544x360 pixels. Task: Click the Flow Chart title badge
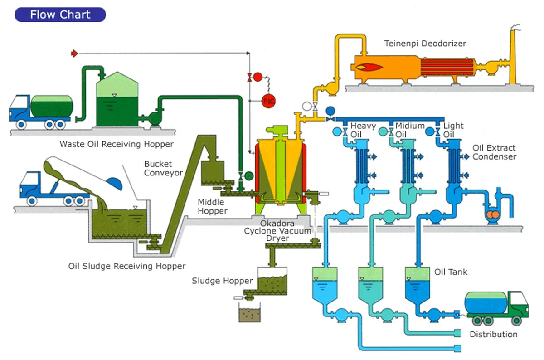(x=60, y=15)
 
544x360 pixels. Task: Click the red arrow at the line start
(x=75, y=54)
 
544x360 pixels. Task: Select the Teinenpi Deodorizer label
(x=425, y=44)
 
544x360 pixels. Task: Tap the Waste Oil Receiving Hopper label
(x=117, y=145)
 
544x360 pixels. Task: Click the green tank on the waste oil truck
(x=51, y=105)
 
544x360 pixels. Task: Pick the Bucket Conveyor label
(x=163, y=168)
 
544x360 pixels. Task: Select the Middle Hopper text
(x=213, y=207)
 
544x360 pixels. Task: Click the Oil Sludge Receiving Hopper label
(x=127, y=266)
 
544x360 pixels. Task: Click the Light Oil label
(x=453, y=130)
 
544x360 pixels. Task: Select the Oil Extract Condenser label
(x=494, y=152)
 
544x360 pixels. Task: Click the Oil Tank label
(x=451, y=272)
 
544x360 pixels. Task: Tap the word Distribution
(x=493, y=335)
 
